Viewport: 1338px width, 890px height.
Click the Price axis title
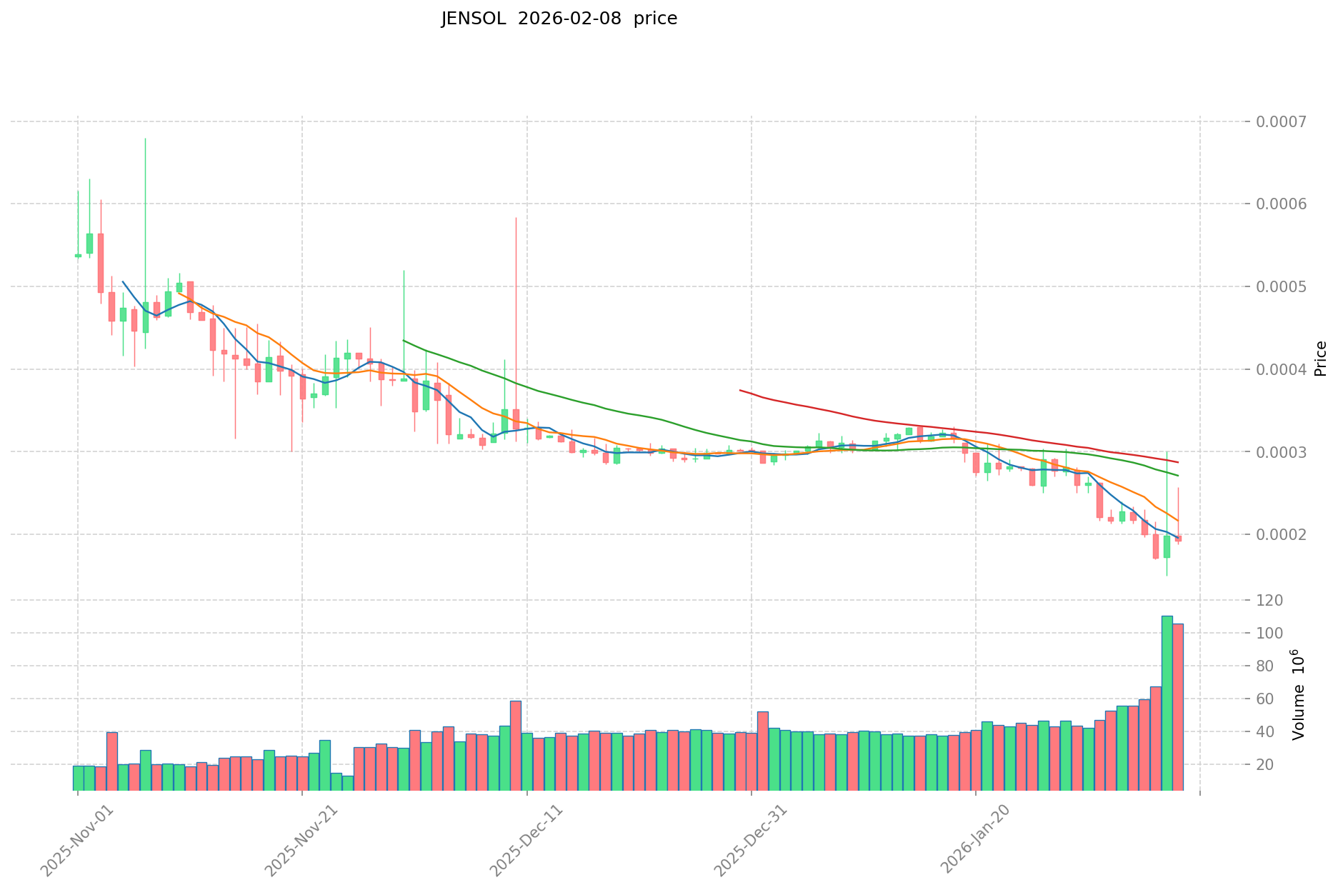point(1320,359)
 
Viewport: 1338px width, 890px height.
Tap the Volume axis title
point(1298,694)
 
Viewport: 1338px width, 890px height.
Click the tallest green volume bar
point(1167,703)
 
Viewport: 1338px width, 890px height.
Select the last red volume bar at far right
point(1178,707)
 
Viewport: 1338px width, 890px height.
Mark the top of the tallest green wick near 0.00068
point(145,139)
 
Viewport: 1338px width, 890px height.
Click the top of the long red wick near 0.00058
point(516,218)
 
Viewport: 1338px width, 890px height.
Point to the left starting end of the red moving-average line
point(740,390)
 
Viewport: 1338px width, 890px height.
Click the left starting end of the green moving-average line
point(404,341)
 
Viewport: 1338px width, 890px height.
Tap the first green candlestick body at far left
point(78,255)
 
